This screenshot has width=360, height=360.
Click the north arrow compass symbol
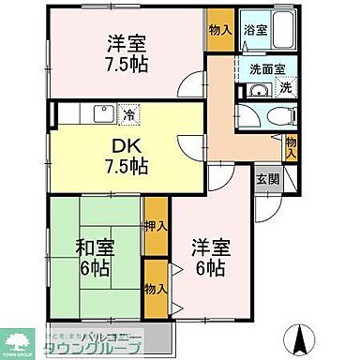pyautogui.click(x=302, y=336)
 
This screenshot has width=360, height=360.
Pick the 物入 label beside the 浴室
pyautogui.click(x=221, y=31)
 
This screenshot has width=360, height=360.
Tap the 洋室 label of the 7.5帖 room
pyautogui.click(x=127, y=44)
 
